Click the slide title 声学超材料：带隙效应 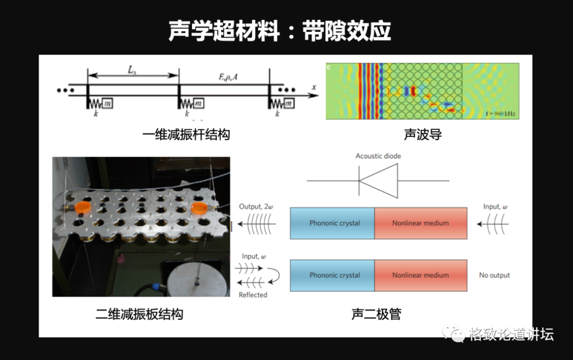[x=280, y=31]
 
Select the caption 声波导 [x=422, y=134]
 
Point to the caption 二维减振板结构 [x=139, y=314]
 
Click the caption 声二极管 [x=376, y=314]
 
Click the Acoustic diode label [x=378, y=156]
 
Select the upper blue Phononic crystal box [x=333, y=223]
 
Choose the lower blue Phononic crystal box [x=333, y=275]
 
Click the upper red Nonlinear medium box [x=421, y=223]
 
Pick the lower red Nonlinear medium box [x=421, y=275]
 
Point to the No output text [x=494, y=275]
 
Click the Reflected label [x=253, y=295]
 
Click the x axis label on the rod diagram [x=314, y=87]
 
